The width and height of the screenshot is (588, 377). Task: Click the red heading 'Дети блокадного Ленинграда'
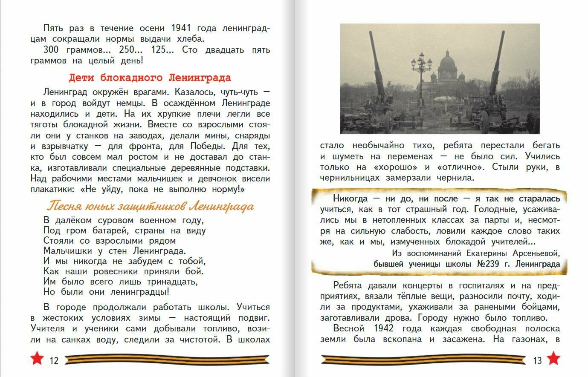pos(150,78)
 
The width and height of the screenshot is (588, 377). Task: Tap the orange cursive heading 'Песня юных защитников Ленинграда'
pos(150,207)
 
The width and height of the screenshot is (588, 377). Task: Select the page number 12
pos(54,361)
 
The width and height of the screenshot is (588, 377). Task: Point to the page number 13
pos(537,361)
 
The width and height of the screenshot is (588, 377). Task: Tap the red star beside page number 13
pos(553,359)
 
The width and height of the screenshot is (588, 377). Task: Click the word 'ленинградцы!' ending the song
pos(139,292)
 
